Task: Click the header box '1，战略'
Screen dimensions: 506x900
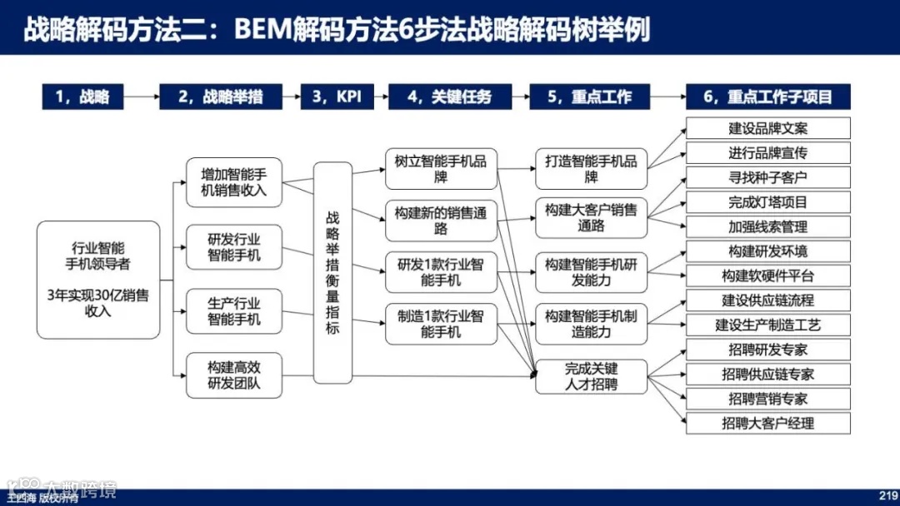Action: [82, 97]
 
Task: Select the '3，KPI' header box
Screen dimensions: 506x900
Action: [337, 97]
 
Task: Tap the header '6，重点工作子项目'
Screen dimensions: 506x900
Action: [767, 97]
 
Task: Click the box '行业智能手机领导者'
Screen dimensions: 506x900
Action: [98, 280]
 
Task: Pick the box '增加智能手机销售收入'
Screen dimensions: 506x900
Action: [234, 182]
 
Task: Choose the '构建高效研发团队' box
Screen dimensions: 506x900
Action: [234, 375]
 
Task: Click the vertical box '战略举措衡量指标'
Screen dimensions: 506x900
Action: [332, 272]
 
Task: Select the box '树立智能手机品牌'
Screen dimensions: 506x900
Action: [441, 169]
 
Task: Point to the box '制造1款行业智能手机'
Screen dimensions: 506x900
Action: [441, 324]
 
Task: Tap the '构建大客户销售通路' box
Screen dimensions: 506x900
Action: [591, 217]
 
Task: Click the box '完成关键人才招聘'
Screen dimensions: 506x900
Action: [591, 376]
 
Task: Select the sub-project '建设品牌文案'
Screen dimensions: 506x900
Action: [767, 128]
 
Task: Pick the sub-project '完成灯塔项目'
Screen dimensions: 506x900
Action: [767, 202]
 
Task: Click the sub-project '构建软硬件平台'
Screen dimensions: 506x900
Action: [767, 275]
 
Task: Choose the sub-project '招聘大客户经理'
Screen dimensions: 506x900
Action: [767, 423]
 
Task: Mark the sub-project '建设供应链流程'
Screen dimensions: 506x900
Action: [767, 300]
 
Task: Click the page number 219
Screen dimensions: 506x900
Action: [887, 493]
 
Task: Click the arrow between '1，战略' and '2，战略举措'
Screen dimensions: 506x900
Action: [140, 97]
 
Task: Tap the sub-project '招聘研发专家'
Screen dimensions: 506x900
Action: [767, 350]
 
